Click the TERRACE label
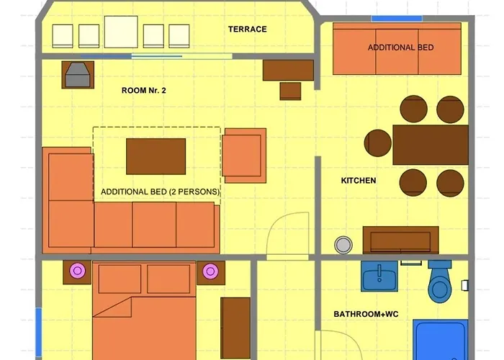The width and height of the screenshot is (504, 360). pos(248,30)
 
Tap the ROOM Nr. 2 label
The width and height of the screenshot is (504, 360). pos(144,90)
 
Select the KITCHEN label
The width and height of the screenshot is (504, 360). pos(359,181)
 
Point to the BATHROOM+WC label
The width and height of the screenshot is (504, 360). pos(366,314)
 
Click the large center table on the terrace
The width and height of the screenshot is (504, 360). pos(121,32)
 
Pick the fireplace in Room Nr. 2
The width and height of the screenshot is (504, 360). pos(78,75)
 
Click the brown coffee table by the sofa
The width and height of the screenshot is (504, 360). pos(156,156)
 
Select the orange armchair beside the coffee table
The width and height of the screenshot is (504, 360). pos(244,156)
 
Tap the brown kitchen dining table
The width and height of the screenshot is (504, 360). pos(431,145)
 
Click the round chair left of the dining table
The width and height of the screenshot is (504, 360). pos(378,143)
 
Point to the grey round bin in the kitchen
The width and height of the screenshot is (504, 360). pos(343,245)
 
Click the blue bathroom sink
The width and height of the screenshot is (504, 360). pos(379,276)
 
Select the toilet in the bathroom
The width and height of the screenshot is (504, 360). pos(440,282)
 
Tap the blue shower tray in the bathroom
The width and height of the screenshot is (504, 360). pos(441,340)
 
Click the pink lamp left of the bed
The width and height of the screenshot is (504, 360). pos(78,271)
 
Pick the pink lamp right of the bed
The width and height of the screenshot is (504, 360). pos(210,271)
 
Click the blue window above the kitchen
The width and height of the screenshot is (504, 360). pos(397,19)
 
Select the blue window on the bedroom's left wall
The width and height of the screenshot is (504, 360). pos(39,332)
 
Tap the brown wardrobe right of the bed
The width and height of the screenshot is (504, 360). pos(235,328)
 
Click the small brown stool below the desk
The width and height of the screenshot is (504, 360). pos(290,91)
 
